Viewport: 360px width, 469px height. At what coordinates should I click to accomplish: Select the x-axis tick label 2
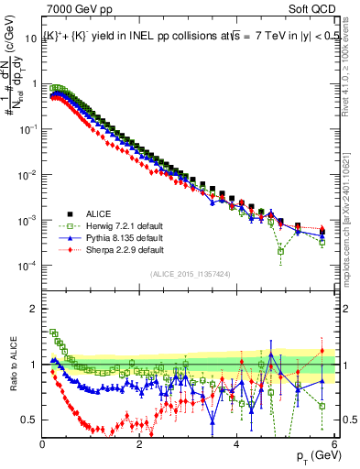[139, 444]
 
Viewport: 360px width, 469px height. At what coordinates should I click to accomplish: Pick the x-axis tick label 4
[236, 444]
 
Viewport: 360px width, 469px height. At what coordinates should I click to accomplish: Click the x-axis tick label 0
[43, 444]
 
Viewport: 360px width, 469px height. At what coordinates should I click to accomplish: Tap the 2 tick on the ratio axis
[34, 308]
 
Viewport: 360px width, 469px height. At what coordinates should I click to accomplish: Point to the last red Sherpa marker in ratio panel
[322, 351]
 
